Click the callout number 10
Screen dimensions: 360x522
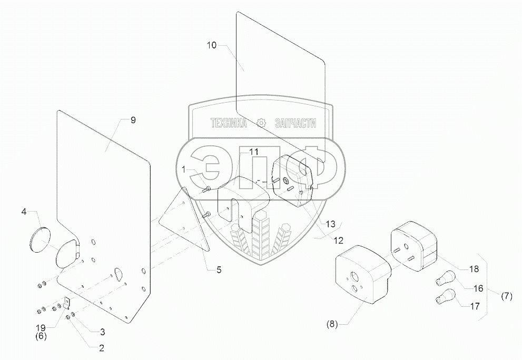(211, 45)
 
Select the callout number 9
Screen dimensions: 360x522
(133, 120)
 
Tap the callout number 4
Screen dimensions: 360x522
(24, 212)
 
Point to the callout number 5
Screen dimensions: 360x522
(218, 269)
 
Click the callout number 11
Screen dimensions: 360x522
(254, 151)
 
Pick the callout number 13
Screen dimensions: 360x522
(329, 224)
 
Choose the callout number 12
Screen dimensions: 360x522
(338, 241)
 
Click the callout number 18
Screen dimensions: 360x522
(474, 269)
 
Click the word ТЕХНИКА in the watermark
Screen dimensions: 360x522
(229, 123)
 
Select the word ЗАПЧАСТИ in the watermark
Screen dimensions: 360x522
(295, 123)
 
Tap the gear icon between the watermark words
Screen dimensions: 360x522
(261, 123)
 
